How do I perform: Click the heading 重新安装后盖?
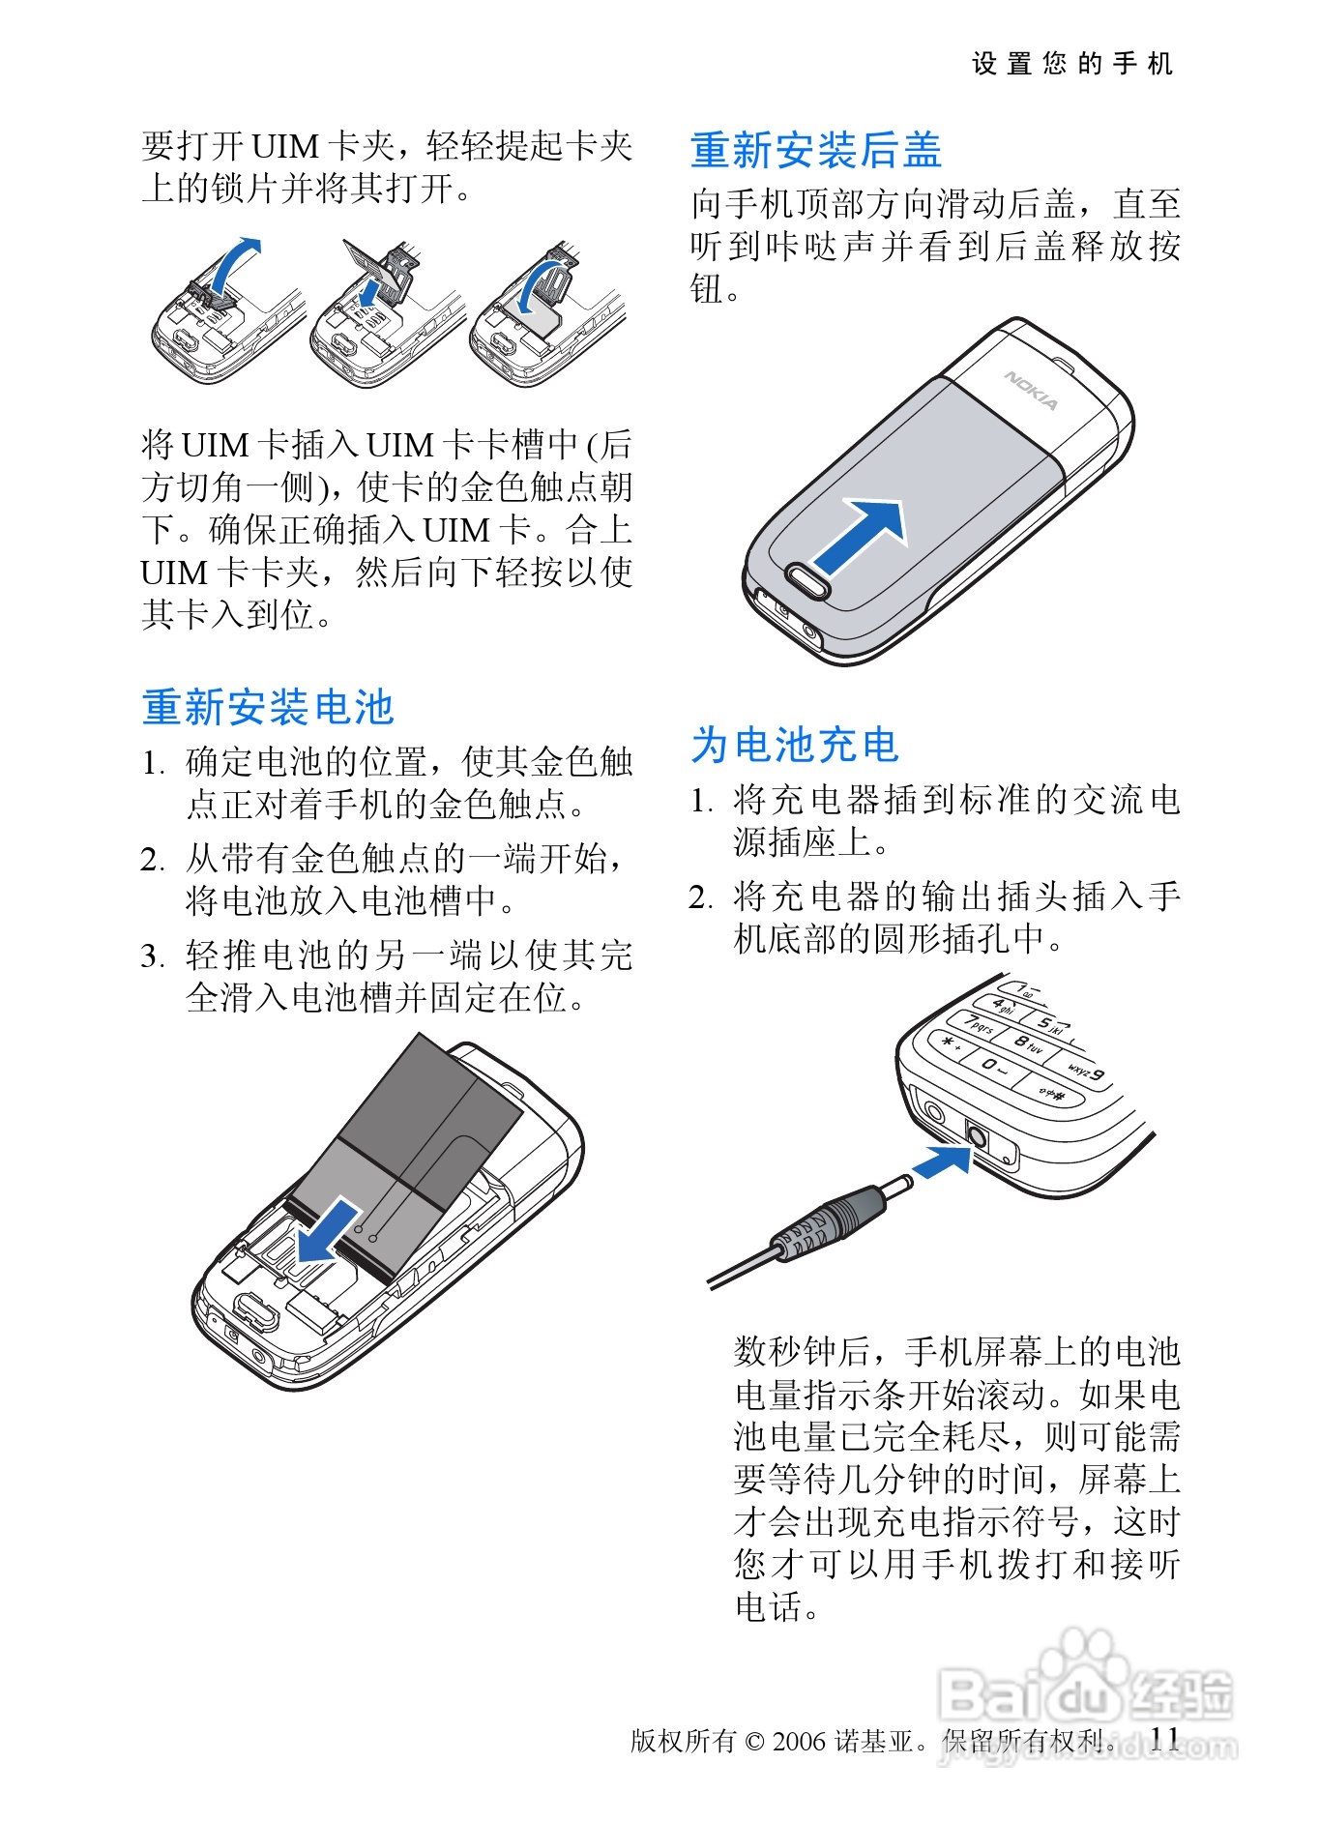[816, 151]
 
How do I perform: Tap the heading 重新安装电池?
[268, 708]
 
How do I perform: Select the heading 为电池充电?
[795, 746]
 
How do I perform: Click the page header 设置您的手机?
[1072, 64]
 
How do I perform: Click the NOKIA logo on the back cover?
[1032, 390]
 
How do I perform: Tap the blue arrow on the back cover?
[860, 537]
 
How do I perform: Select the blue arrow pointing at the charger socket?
[942, 1161]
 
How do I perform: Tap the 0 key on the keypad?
[989, 1065]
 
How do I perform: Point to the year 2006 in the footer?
[799, 1742]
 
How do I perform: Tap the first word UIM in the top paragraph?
[285, 147]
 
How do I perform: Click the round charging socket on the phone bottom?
[977, 1136]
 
